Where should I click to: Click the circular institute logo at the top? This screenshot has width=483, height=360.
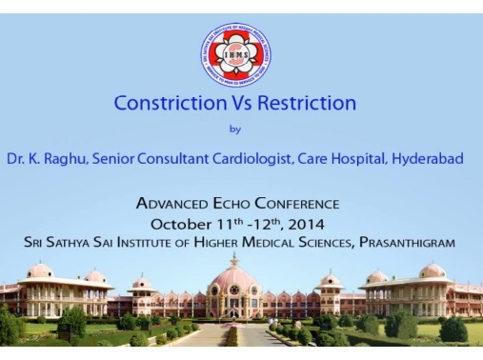pyautogui.click(x=237, y=54)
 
